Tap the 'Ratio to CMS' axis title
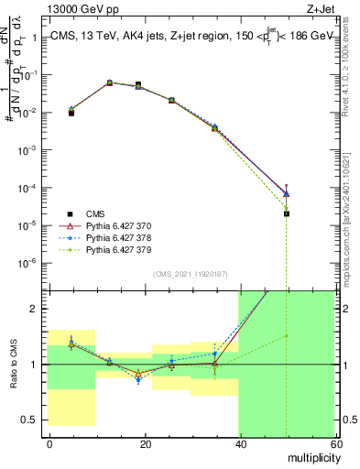pos(12,365)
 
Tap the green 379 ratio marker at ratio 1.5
pos(287,335)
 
